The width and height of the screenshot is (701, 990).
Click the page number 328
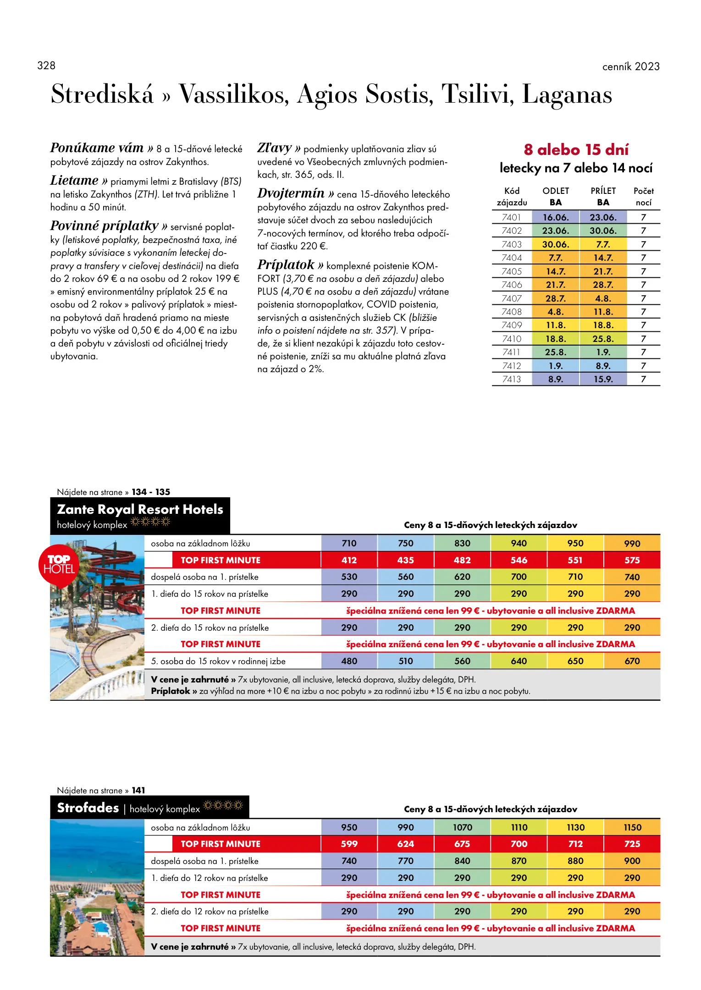[46, 66]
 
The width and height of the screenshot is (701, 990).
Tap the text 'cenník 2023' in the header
[630, 66]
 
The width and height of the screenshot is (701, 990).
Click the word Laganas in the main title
[567, 94]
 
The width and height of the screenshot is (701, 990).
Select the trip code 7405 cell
[512, 271]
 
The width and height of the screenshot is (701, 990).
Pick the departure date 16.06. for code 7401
[556, 217]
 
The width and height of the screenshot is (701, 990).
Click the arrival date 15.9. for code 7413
[603, 379]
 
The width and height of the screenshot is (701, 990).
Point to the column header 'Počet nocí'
[643, 197]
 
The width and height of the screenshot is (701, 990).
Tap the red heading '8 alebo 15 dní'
[576, 149]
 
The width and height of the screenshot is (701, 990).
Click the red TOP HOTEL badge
[59, 565]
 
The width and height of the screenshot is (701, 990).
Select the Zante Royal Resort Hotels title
[140, 509]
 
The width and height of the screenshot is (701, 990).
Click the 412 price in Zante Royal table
[349, 560]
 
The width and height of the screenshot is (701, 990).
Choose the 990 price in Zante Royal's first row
[632, 544]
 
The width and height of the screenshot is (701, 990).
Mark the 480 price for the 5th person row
[349, 661]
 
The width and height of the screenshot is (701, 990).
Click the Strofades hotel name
[88, 808]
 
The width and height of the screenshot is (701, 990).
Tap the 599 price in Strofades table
[349, 844]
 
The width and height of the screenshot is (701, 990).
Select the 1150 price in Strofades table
[632, 827]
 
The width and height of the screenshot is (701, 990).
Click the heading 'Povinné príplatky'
[104, 226]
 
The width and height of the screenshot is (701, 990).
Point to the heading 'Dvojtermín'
[291, 193]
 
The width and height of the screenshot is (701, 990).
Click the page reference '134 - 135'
[151, 492]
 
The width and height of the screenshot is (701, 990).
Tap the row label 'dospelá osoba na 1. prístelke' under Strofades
[204, 861]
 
